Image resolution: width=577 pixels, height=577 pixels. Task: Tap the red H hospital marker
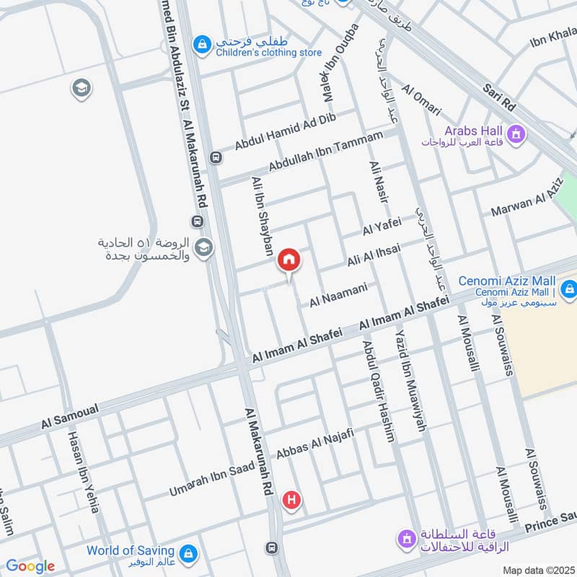click(291, 499)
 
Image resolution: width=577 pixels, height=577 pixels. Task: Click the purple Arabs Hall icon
click(516, 133)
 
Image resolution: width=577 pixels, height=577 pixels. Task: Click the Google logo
click(30, 567)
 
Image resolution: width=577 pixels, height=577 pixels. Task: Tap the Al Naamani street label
click(339, 295)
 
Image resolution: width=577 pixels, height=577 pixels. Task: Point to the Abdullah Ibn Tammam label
click(325, 153)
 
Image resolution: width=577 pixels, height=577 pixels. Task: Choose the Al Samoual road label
click(70, 420)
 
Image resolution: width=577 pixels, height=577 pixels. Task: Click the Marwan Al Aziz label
click(527, 201)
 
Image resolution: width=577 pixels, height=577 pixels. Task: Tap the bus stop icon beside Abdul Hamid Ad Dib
click(214, 157)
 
